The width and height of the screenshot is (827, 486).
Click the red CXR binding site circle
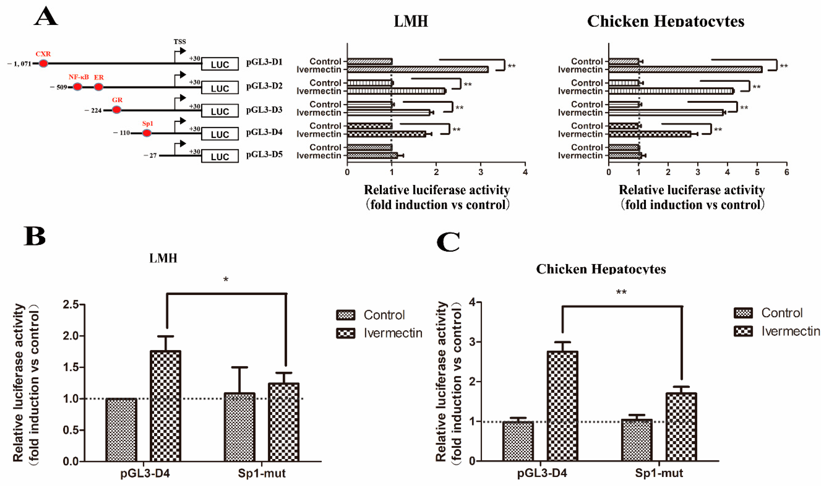pyautogui.click(x=43, y=63)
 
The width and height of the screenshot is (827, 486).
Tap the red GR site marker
pyautogui.click(x=116, y=110)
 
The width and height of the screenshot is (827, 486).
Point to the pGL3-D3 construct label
pyautogui.click(x=264, y=110)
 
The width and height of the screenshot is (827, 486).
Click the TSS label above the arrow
pyautogui.click(x=180, y=42)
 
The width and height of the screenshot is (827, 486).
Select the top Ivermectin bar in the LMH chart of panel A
pyautogui.click(x=417, y=70)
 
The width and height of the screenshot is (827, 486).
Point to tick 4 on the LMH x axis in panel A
pyautogui.click(x=525, y=172)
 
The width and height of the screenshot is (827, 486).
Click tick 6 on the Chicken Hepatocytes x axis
pyautogui.click(x=786, y=172)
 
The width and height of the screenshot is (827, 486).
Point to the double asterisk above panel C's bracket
pyautogui.click(x=621, y=292)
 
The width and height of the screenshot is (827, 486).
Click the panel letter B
pyautogui.click(x=34, y=236)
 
